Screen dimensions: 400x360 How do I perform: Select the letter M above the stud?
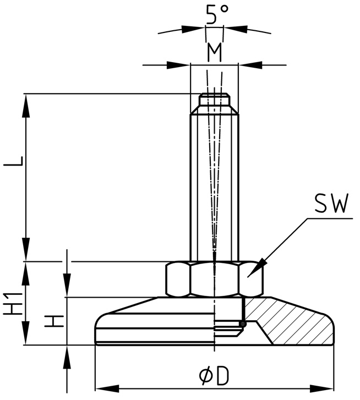tap(215, 52)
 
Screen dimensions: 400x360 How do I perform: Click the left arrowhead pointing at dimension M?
tap(182, 65)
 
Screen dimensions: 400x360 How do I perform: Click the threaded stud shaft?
tap(215, 182)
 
